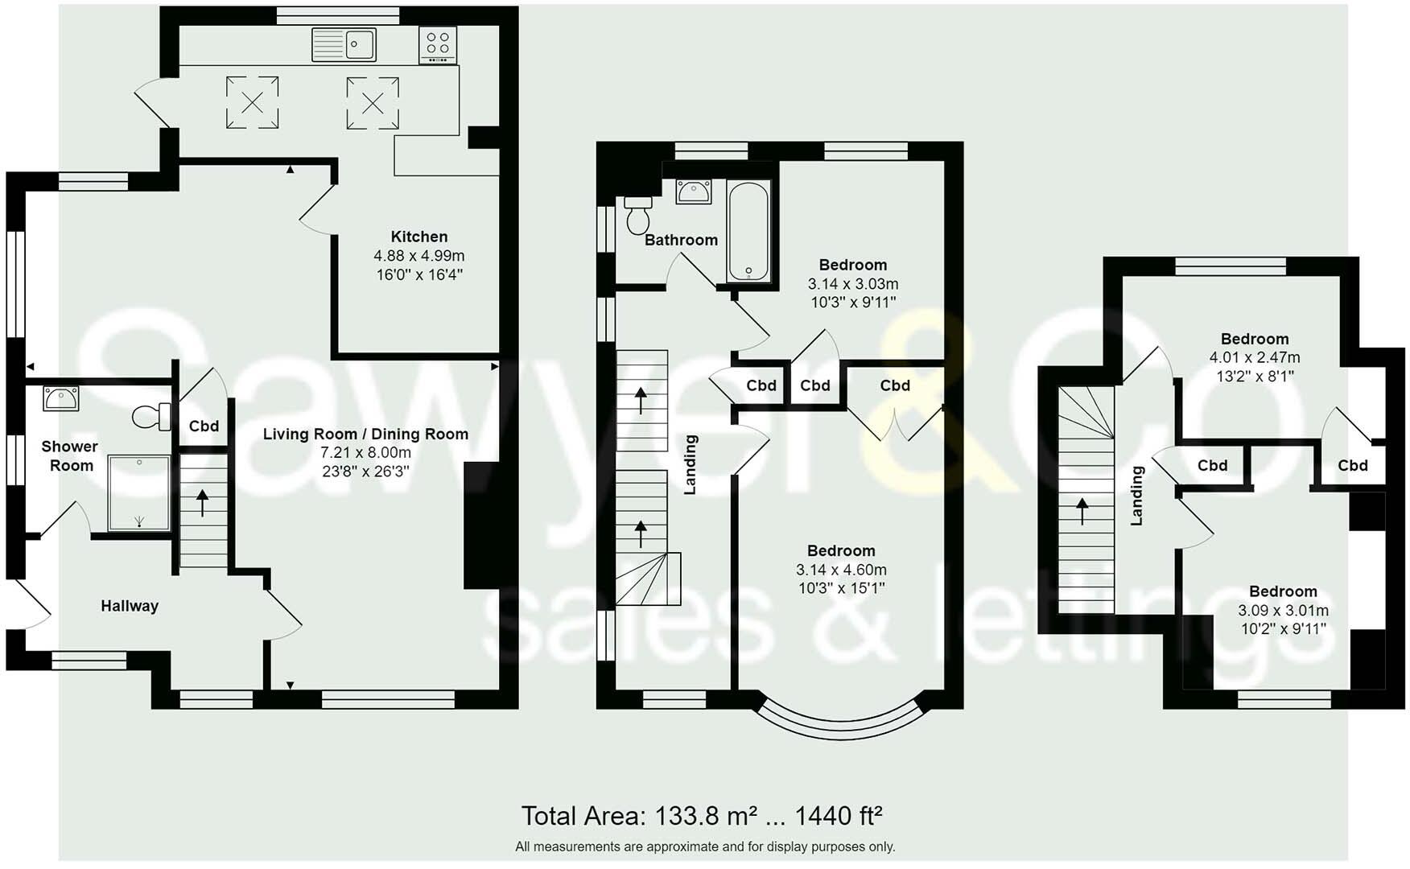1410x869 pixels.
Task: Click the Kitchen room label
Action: pyautogui.click(x=418, y=237)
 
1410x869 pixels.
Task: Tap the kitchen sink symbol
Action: pyautogui.click(x=344, y=44)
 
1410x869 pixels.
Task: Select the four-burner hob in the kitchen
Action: pyautogui.click(x=438, y=45)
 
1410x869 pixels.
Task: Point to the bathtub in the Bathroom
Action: pyautogui.click(x=748, y=231)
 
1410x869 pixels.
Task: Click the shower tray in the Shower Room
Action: pyautogui.click(x=139, y=493)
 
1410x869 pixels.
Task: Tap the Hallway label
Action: pyautogui.click(x=130, y=606)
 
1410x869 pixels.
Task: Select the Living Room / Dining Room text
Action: pyautogui.click(x=365, y=434)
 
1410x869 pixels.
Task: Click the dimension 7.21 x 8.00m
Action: pyautogui.click(x=365, y=453)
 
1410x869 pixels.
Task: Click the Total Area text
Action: pyautogui.click(x=702, y=816)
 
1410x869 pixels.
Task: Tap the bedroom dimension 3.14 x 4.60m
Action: pyautogui.click(x=841, y=570)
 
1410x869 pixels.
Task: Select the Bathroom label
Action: pyautogui.click(x=681, y=240)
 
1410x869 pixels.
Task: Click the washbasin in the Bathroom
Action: pyautogui.click(x=693, y=192)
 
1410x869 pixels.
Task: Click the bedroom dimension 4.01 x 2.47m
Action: pyautogui.click(x=1254, y=357)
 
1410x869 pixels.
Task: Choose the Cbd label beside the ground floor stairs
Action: pyautogui.click(x=204, y=426)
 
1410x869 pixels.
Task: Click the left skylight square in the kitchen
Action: pyautogui.click(x=252, y=102)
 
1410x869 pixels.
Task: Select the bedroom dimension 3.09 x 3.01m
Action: pyautogui.click(x=1283, y=611)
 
